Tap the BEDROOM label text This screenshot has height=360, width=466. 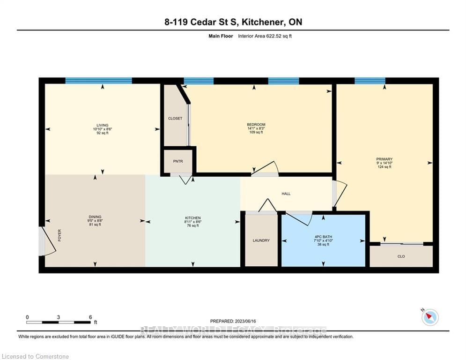[256, 125]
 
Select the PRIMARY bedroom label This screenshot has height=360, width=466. [384, 159]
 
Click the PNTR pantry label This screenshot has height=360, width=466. [178, 161]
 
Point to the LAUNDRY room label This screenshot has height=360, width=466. [261, 240]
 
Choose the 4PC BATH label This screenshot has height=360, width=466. [323, 236]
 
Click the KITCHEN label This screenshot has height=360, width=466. [192, 218]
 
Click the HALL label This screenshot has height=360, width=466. [286, 194]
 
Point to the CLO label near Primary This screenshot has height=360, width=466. [401, 256]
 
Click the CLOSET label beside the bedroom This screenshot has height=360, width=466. [175, 119]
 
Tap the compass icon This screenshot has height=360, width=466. [429, 317]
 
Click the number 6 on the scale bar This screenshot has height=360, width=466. [90, 317]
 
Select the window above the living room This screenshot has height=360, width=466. [98, 81]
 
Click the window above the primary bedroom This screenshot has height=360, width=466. [370, 81]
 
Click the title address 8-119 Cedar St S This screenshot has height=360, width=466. [233, 22]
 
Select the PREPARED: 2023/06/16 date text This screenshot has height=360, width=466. [233, 321]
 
